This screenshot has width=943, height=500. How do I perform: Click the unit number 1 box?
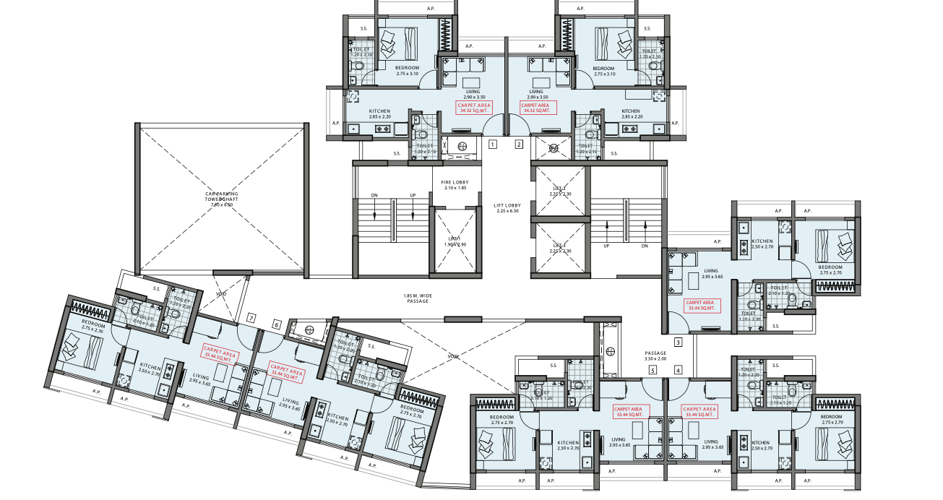click(x=492, y=145)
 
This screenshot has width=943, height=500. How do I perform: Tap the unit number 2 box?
click(x=519, y=145)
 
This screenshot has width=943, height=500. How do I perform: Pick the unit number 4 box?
click(x=678, y=371)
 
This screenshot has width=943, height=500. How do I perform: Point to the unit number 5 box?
click(x=653, y=371)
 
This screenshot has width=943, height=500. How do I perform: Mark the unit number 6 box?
click(x=276, y=325)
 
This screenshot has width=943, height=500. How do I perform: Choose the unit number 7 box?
click(x=251, y=317)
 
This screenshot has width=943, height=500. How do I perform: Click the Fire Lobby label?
click(x=455, y=185)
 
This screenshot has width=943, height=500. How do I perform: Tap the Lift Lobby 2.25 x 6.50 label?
click(x=507, y=208)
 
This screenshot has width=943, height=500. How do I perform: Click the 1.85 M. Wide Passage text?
click(x=418, y=298)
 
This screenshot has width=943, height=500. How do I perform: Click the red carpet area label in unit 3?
click(x=700, y=306)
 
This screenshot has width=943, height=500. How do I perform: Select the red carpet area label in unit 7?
click(x=218, y=354)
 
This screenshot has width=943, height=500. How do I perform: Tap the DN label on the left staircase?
click(x=374, y=195)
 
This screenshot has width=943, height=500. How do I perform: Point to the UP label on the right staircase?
click(x=607, y=246)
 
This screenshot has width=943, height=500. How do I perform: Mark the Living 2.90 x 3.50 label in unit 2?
click(x=535, y=94)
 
